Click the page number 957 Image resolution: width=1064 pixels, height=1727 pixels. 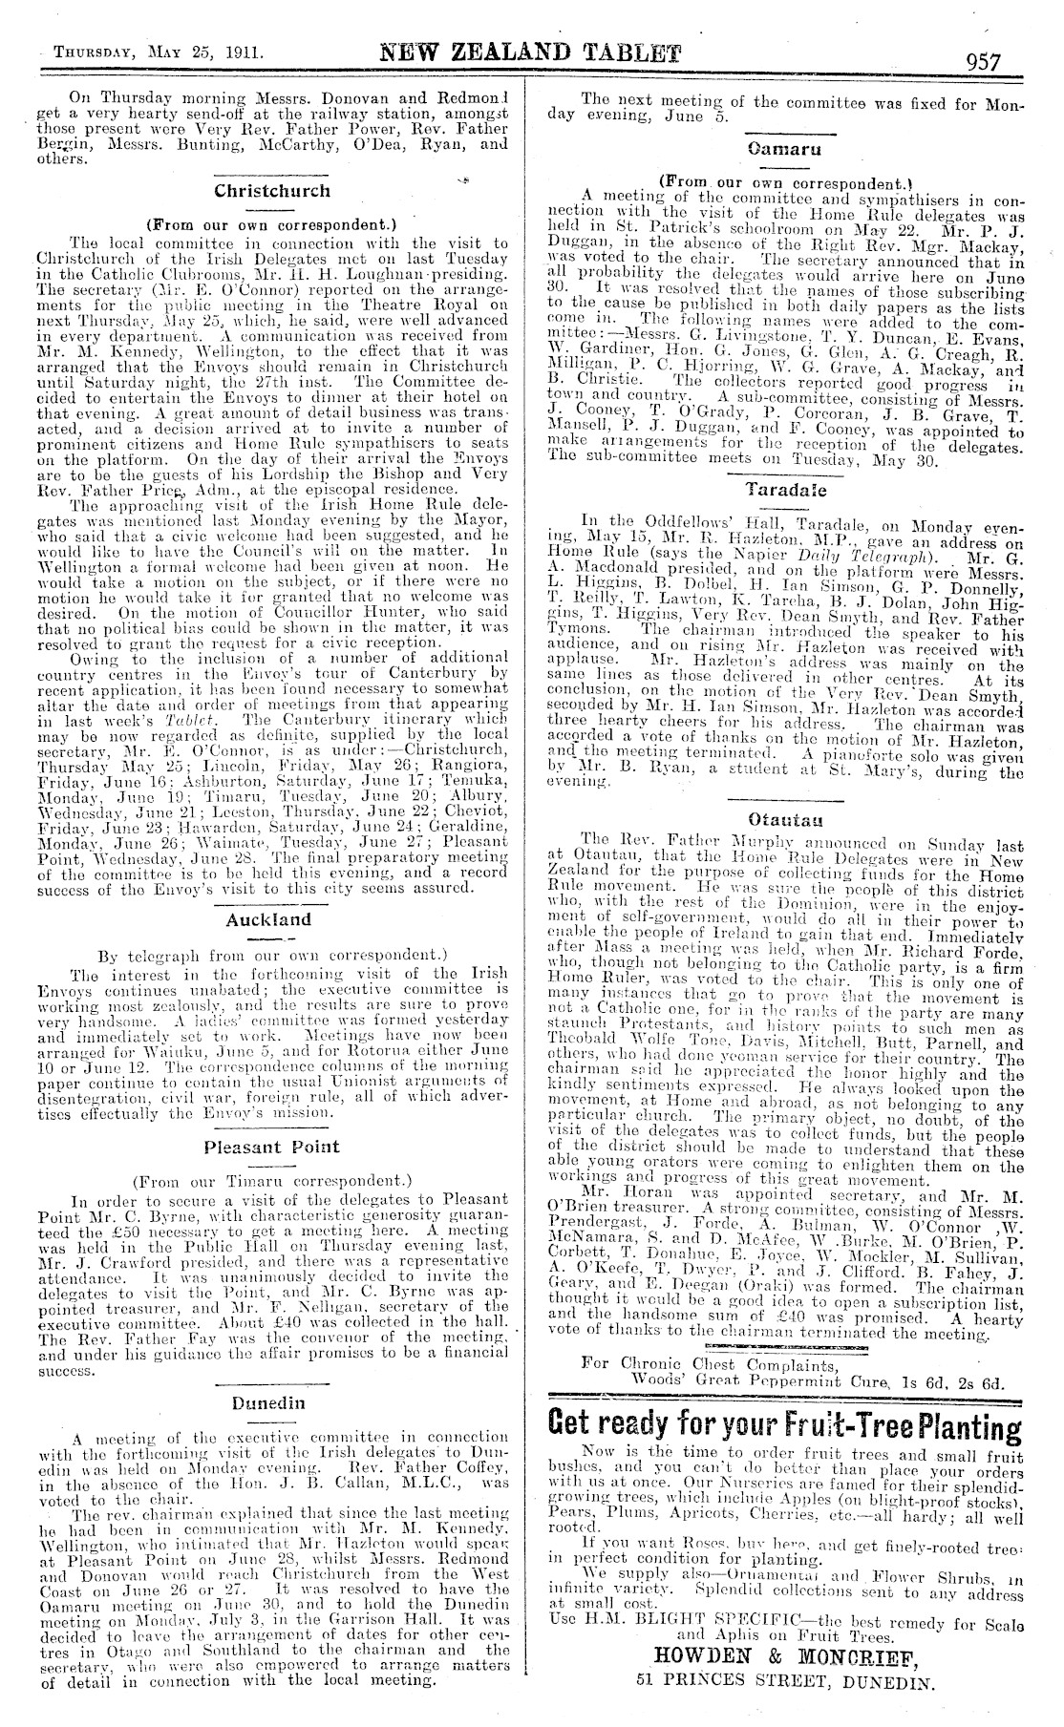[983, 62]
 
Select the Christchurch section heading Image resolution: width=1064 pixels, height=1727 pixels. [272, 190]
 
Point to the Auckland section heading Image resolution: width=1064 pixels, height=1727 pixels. [268, 920]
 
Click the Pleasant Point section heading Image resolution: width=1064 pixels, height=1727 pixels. [270, 1146]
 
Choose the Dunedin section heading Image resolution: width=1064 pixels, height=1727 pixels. [269, 1402]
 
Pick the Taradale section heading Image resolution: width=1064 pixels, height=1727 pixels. [786, 490]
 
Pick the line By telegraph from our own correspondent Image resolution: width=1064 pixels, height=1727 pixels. [272, 954]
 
